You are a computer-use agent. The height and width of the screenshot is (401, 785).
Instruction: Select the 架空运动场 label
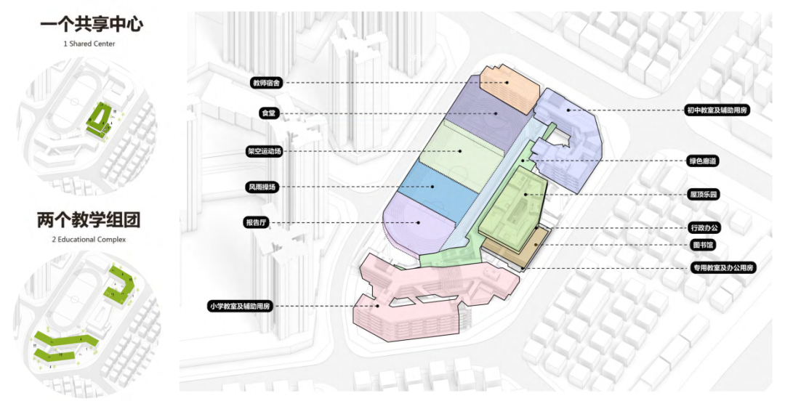click(264, 151)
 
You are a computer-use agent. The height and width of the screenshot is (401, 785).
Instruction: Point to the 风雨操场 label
click(263, 187)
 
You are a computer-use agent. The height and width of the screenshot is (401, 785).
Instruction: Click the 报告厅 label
click(259, 222)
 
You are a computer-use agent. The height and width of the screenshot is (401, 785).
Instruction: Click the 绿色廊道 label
click(704, 161)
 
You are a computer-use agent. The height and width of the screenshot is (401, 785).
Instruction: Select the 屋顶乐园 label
click(704, 194)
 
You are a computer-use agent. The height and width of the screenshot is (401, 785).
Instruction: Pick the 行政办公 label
click(704, 228)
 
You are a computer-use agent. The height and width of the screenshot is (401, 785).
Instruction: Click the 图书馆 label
click(702, 245)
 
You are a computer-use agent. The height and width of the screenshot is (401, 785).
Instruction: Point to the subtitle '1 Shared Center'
click(89, 44)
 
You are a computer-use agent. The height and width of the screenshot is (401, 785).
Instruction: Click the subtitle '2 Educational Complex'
click(89, 239)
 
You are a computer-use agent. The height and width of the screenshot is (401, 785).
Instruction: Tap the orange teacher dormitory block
click(508, 86)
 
